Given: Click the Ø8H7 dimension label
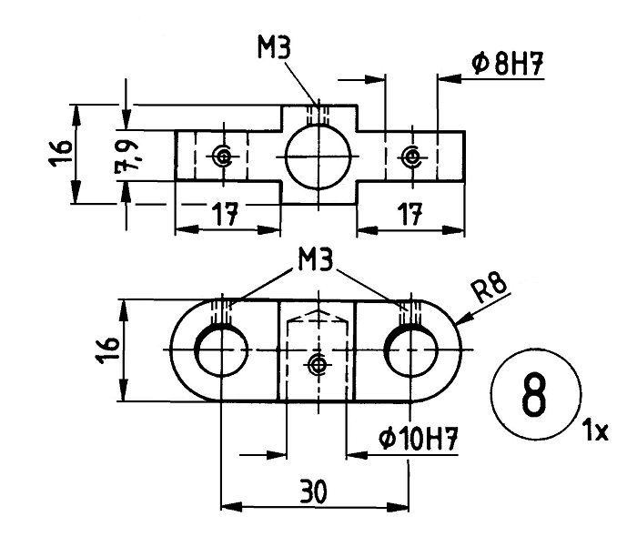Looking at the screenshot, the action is click(508, 64).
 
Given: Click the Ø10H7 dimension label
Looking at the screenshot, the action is click(418, 440).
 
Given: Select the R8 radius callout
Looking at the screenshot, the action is click(491, 288).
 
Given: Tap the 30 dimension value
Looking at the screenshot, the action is click(314, 491).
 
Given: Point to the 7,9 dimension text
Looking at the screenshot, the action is click(126, 157).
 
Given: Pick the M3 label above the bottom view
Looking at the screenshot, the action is click(315, 260).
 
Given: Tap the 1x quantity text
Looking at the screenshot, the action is click(595, 430).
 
